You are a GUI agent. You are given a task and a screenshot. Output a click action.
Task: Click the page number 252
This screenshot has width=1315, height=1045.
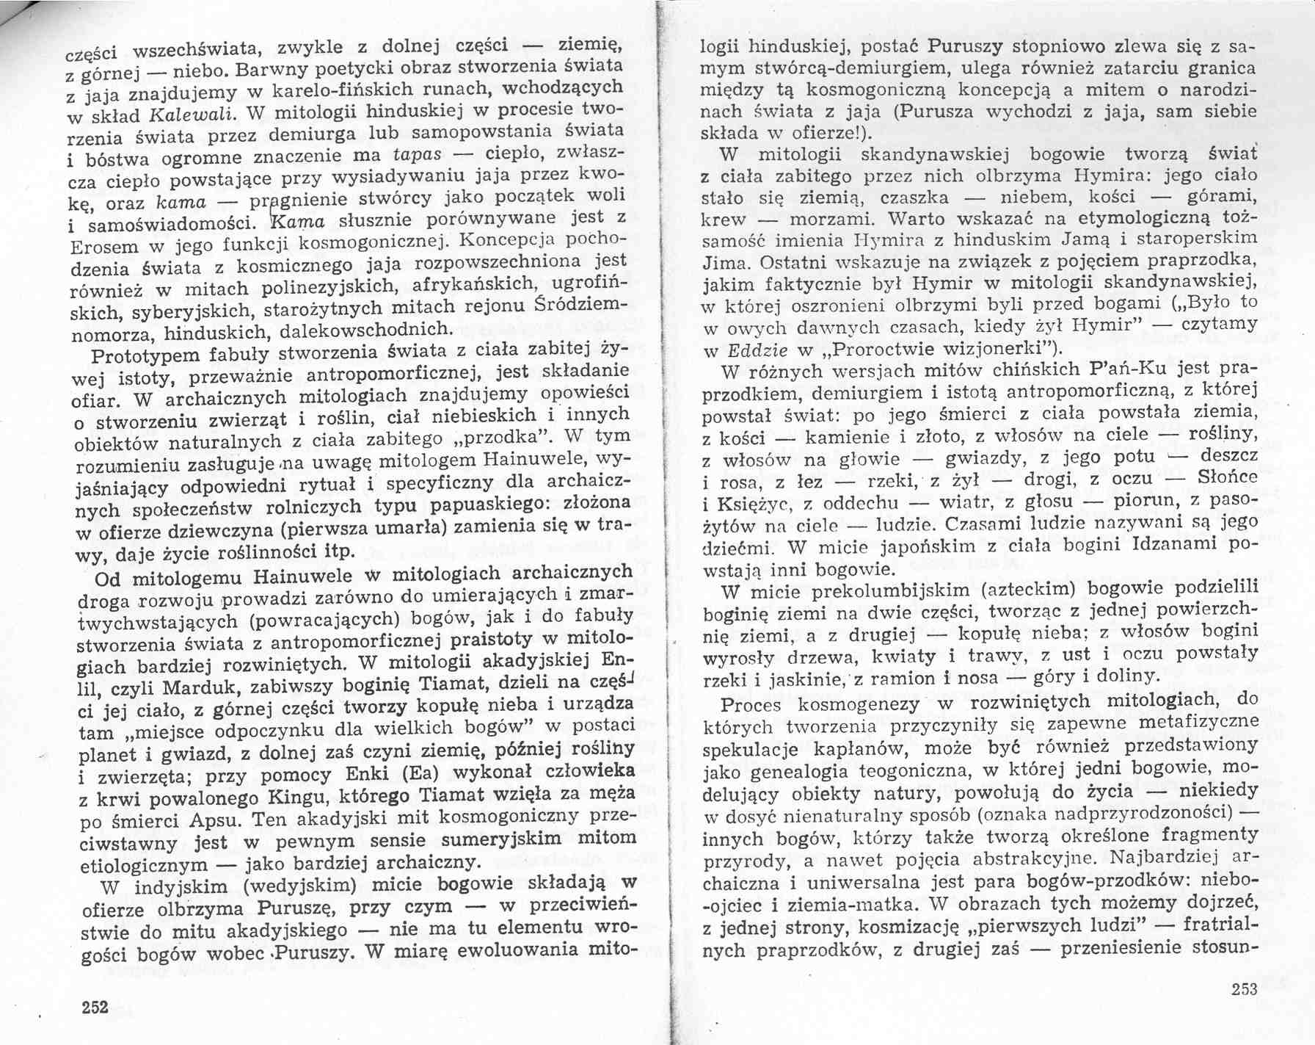(x=95, y=1006)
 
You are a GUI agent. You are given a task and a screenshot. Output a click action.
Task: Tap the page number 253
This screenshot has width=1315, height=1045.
(x=1244, y=989)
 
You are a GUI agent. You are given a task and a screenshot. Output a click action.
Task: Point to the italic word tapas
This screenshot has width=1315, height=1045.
(x=418, y=155)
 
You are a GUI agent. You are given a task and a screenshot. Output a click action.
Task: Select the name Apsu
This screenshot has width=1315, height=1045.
(x=221, y=820)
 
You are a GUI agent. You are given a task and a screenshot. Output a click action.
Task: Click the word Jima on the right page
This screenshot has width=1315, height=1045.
(x=726, y=283)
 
